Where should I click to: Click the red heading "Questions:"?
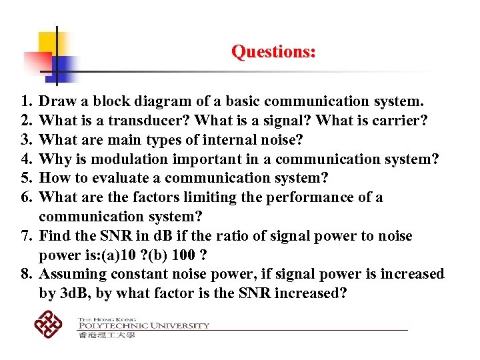point(273,51)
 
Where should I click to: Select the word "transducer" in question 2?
point(151,121)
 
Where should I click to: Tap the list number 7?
point(26,237)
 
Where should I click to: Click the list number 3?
point(26,140)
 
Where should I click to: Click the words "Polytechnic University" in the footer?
point(143,326)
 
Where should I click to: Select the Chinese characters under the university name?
point(107,335)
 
